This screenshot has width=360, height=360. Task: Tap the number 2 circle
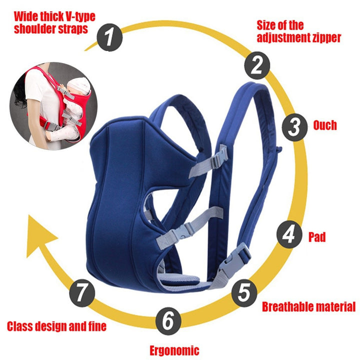257,65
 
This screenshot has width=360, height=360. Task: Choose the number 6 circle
168,320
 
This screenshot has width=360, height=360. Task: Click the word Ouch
324,124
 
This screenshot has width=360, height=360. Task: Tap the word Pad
317,236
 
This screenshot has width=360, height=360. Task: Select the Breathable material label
308,306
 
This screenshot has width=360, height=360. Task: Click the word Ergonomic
174,350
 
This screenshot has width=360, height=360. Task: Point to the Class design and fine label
56,327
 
